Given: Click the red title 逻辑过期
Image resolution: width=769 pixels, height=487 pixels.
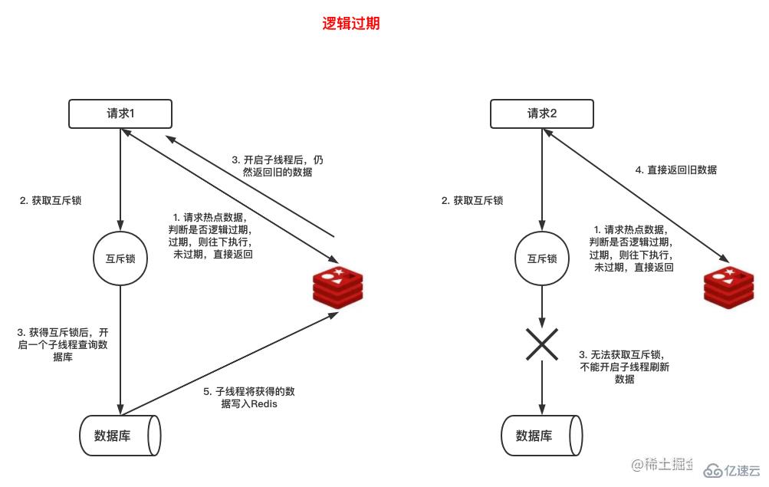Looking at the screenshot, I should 350,24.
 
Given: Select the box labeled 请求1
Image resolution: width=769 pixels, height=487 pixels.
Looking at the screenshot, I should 120,114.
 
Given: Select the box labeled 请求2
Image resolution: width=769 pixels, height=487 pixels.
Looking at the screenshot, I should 542,114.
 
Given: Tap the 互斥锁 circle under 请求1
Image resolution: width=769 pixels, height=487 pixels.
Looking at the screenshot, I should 120,258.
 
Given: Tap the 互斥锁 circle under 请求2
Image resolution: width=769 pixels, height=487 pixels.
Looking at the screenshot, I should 542,258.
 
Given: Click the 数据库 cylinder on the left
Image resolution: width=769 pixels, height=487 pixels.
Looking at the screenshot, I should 120,436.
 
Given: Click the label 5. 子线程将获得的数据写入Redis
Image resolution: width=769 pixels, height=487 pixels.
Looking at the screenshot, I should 249,397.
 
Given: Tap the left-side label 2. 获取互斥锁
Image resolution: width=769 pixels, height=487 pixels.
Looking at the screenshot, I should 51,201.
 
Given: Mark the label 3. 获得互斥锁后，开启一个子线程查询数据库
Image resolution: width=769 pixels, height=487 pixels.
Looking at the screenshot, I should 62,345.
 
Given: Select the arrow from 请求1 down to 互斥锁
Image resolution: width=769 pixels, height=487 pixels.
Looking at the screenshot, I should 120,176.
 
